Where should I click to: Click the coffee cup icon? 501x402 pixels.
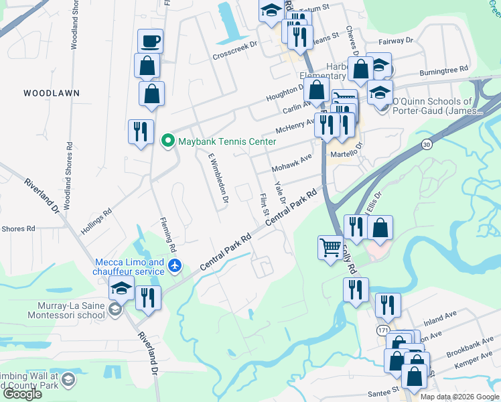(150, 41)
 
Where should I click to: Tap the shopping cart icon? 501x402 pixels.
(330, 248)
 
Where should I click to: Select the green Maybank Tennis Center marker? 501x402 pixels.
(167, 140)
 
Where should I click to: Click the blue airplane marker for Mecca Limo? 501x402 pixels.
(175, 266)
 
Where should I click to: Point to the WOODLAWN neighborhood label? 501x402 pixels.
(52, 92)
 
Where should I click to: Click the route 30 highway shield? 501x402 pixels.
(426, 144)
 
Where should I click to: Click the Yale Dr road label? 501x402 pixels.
(279, 192)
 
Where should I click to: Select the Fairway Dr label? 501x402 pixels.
(395, 42)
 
